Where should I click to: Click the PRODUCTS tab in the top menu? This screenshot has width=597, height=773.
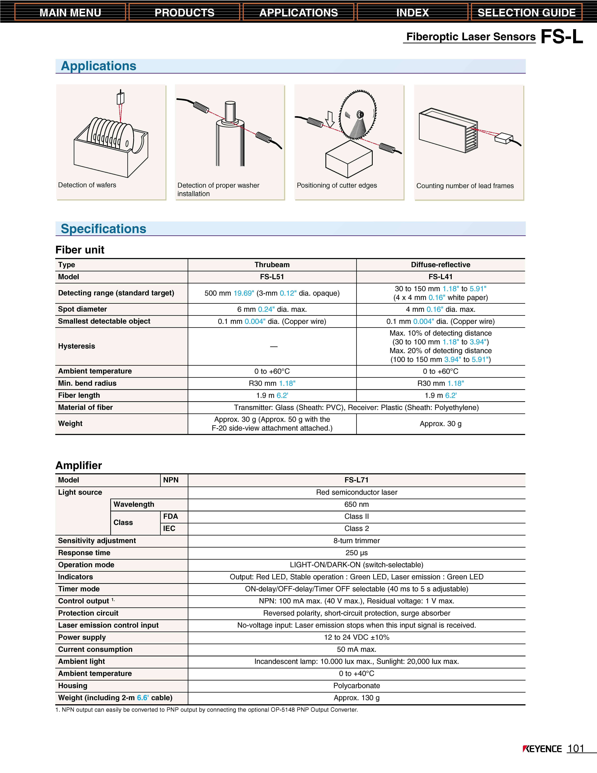pos(184,12)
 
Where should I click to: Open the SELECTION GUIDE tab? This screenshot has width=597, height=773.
pos(526,12)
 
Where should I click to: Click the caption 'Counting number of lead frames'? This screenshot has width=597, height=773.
pos(465,186)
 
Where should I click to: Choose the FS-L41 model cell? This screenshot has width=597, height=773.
pos(440,277)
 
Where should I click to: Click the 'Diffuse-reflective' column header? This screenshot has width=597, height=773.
pos(440,265)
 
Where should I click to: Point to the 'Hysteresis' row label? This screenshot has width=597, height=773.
pos(76,346)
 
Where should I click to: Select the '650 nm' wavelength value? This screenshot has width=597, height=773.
pos(356,504)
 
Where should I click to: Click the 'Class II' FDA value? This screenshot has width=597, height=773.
pos(356,516)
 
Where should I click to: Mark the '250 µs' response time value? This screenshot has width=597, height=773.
pos(356,553)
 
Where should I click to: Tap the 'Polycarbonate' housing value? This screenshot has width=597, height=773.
pos(356,686)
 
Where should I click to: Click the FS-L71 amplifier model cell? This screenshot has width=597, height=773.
pos(356,480)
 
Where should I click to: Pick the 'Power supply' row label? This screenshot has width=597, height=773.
pos(82,637)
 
